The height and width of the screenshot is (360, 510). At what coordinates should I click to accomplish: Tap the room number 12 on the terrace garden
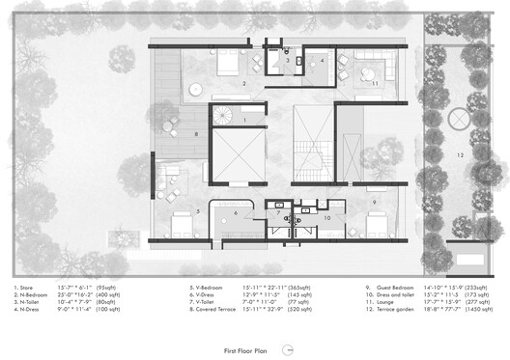[x=460, y=155]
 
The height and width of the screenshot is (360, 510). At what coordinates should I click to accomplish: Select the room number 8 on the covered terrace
[x=196, y=134]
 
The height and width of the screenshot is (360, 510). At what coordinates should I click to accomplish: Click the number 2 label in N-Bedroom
[x=243, y=84]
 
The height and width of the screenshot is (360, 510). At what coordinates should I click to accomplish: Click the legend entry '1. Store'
[x=28, y=286]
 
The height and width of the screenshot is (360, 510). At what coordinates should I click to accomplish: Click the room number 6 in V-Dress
[x=235, y=212]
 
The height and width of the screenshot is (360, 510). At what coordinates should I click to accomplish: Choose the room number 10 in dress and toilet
[x=327, y=218]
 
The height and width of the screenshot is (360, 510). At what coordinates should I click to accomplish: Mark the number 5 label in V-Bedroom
[x=197, y=210]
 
